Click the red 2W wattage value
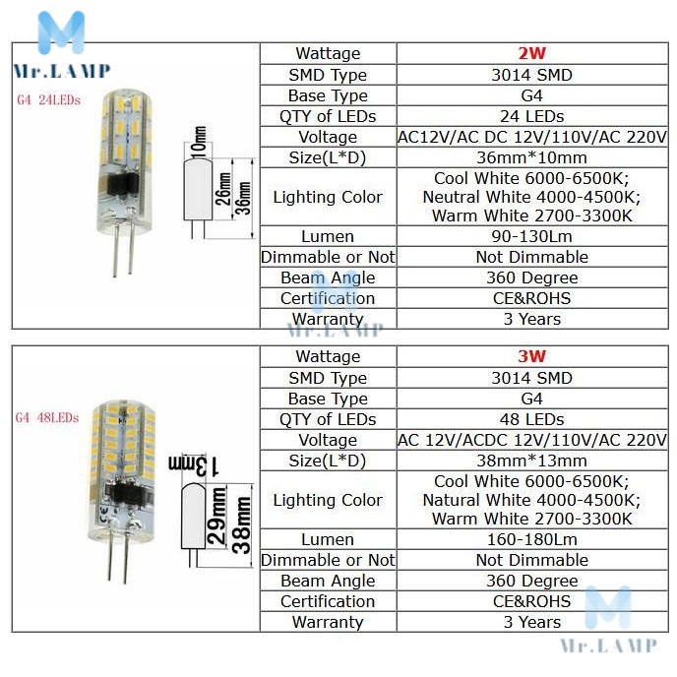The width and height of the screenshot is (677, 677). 531,54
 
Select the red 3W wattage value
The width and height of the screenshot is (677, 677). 531,357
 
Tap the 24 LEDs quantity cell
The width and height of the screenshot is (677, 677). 531,116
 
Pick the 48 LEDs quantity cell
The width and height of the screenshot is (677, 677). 531,419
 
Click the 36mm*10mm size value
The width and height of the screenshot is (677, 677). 531,157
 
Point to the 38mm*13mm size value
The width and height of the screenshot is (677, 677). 531,461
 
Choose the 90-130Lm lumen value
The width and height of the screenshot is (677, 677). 531,236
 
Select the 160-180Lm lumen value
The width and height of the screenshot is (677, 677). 531,539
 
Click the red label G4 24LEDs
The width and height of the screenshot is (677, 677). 48,100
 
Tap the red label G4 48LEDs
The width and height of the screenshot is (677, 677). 47,417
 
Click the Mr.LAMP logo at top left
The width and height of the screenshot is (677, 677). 61,44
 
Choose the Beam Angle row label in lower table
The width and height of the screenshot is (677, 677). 328,581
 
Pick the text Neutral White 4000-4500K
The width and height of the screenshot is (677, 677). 531,197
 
